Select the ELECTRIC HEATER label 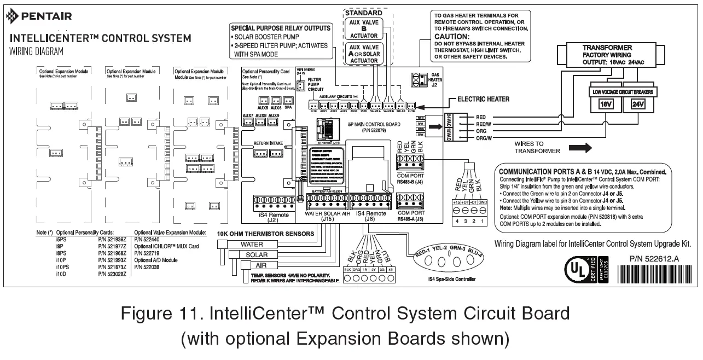pyautogui.click(x=479, y=99)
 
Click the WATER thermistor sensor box pyautogui.click(x=252, y=245)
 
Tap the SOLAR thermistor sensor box pyautogui.click(x=256, y=255)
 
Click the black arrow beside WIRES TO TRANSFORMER pyautogui.click(x=580, y=147)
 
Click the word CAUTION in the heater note pyautogui.click(x=454, y=36)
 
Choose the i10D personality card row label pyautogui.click(x=61, y=273)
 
